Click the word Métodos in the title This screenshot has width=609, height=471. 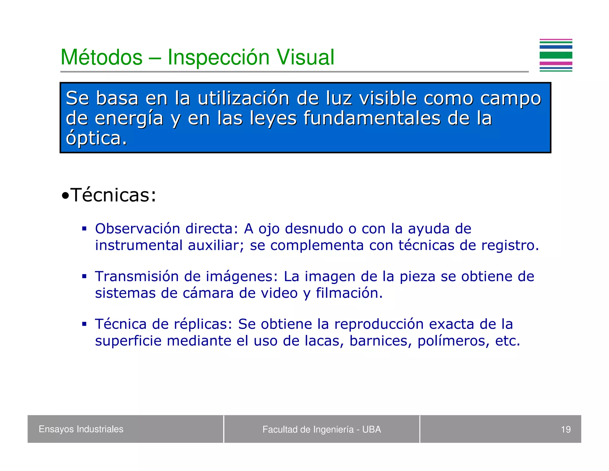coord(101,57)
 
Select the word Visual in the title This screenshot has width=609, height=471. coord(305,57)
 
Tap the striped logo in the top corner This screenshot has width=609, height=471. coord(555,55)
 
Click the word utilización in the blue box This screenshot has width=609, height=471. coord(243,98)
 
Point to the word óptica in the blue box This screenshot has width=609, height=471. coord(96,138)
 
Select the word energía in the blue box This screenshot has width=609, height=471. coord(129,118)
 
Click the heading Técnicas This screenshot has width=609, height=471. coord(113,195)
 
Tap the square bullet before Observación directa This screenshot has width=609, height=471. coord(84,229)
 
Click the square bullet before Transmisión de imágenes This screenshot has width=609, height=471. coord(84,277)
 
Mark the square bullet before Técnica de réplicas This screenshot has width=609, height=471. coord(84,324)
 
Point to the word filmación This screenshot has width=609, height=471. coord(349,293)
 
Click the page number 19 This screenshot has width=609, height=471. coord(566,429)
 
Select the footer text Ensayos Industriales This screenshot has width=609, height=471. coord(81,429)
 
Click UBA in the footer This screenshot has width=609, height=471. coord(371,429)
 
